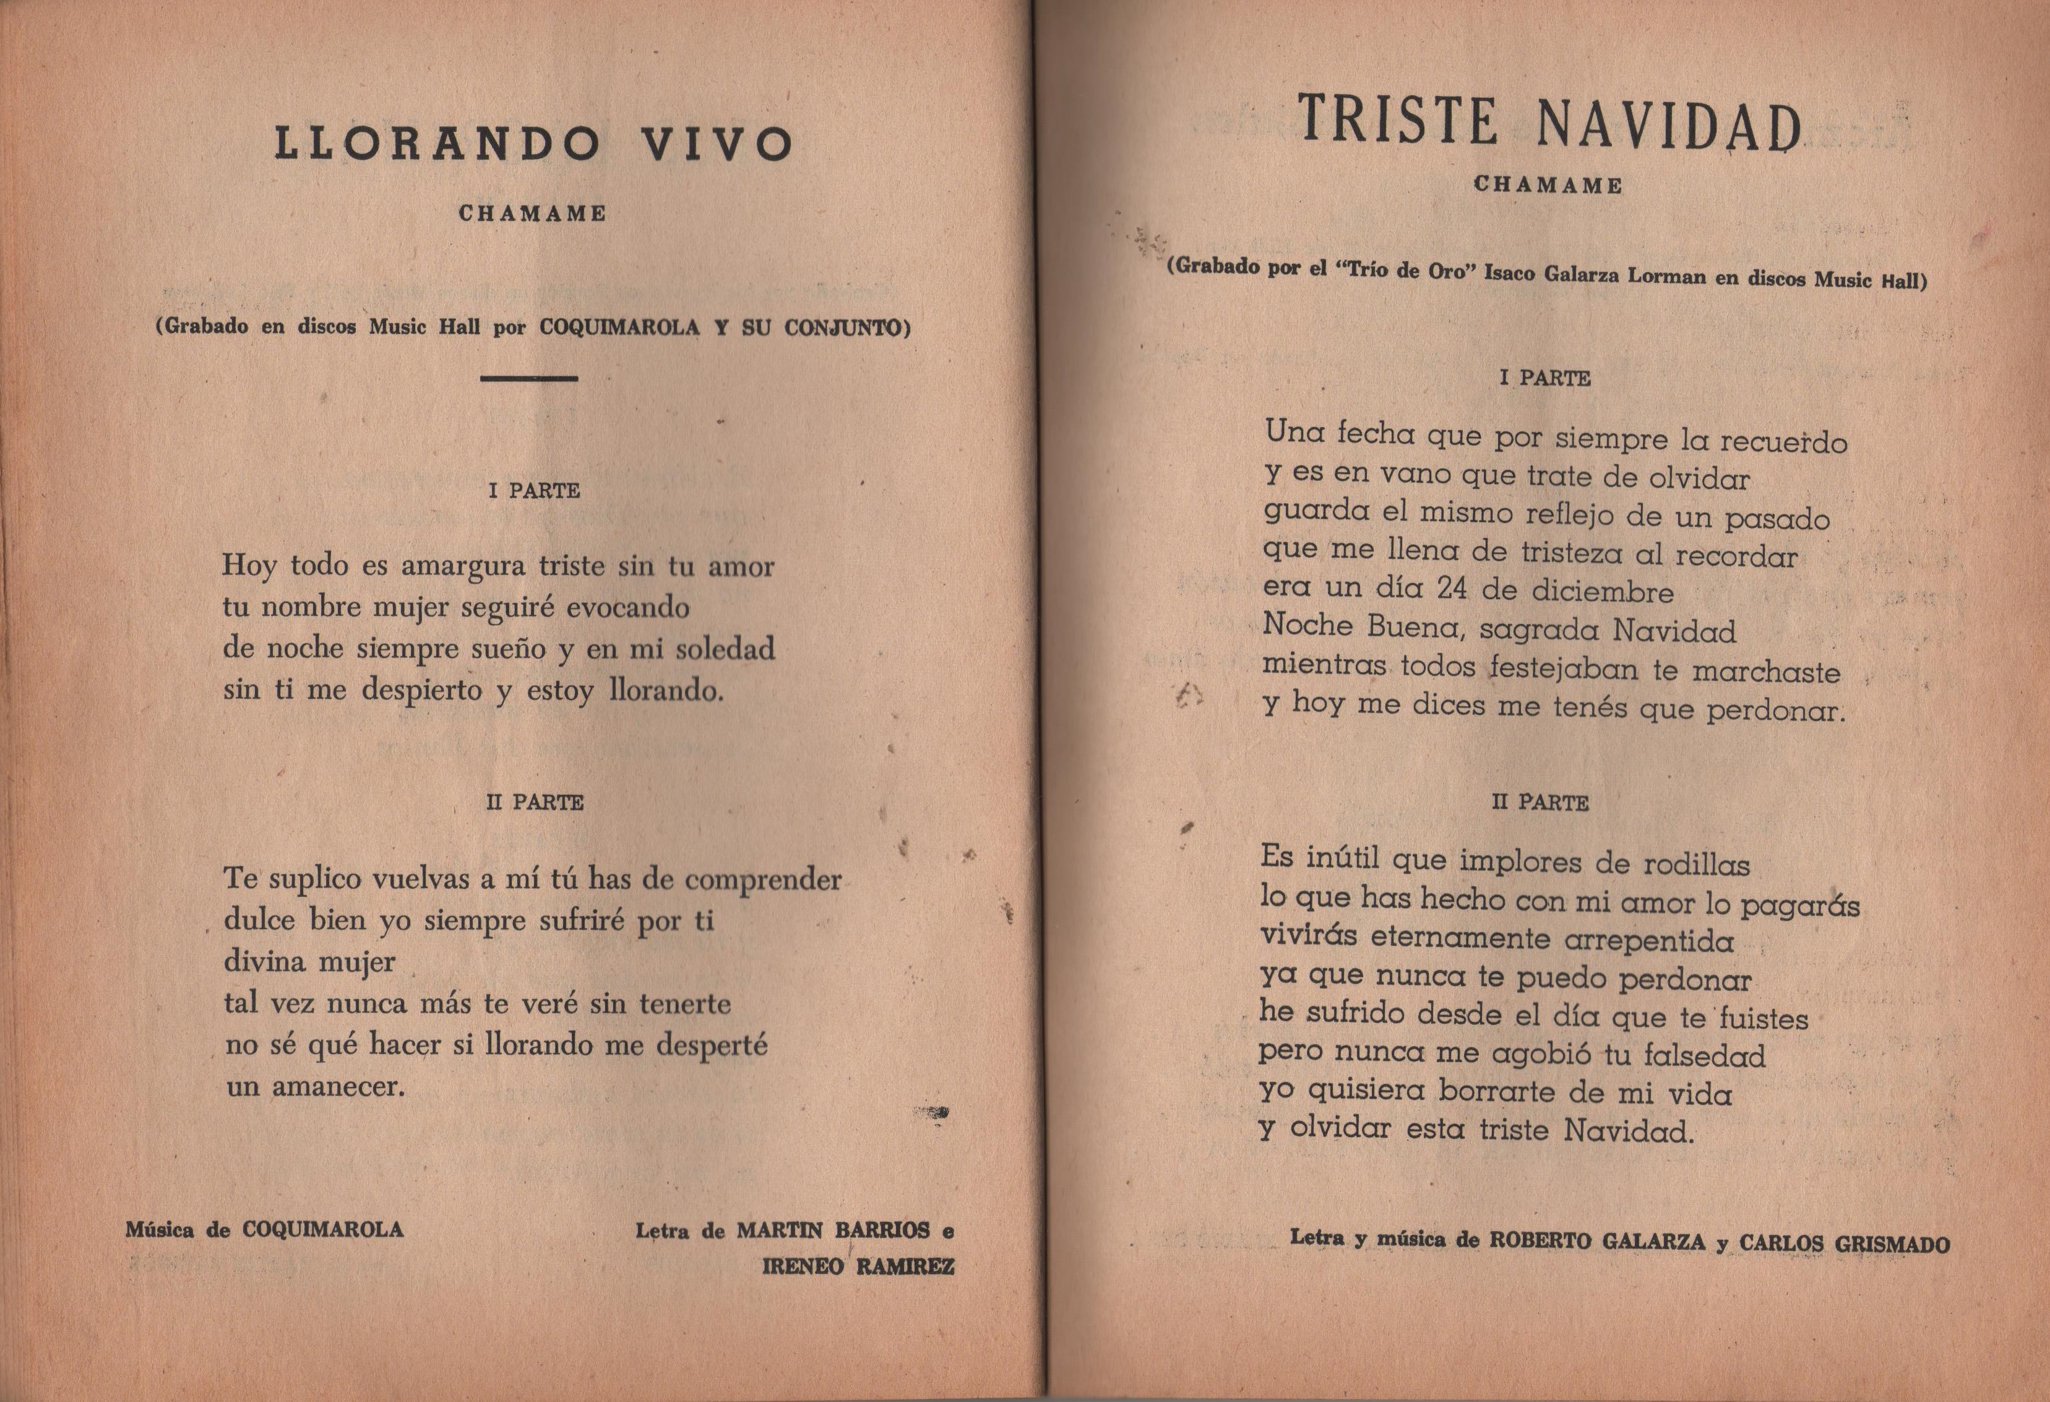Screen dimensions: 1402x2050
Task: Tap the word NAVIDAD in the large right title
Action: point(1669,125)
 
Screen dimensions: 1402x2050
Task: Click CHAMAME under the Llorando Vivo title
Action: point(533,214)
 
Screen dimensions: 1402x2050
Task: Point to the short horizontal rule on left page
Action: point(529,379)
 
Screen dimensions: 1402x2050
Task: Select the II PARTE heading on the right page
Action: point(1540,803)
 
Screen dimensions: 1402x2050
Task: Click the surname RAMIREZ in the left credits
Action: point(905,1267)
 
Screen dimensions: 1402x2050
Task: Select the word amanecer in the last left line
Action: point(338,1086)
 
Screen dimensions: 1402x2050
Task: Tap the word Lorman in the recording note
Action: point(1666,276)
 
